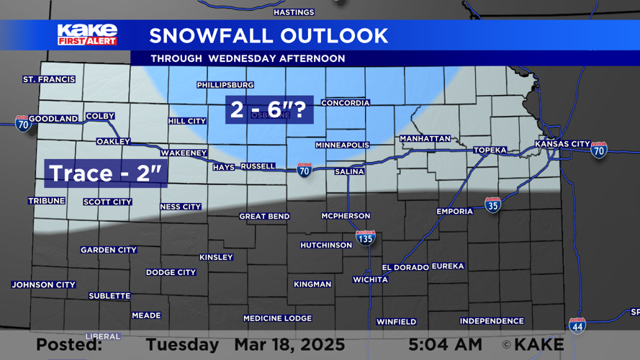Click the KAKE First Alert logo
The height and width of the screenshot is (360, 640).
tap(87, 35)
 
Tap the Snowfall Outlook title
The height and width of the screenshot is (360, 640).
tap(269, 35)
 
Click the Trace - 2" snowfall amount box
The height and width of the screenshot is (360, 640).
tap(107, 174)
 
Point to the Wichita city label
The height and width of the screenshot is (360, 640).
tap(371, 279)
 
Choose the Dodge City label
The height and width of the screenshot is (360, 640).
tap(171, 273)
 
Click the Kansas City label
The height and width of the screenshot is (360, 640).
tap(562, 144)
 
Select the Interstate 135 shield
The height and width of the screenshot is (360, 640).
tap(366, 237)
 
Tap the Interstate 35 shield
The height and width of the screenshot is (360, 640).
tap(492, 204)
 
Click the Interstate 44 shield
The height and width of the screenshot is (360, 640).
tap(577, 325)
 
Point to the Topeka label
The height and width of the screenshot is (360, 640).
tap(490, 150)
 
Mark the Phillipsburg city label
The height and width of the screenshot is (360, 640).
tap(225, 85)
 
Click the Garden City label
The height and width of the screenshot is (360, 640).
tap(109, 251)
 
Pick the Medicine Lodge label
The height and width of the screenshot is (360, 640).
tap(277, 318)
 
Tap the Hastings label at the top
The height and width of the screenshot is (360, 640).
tap(294, 12)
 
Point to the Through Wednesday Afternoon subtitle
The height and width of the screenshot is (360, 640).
tap(248, 58)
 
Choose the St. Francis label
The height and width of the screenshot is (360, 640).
tap(49, 79)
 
